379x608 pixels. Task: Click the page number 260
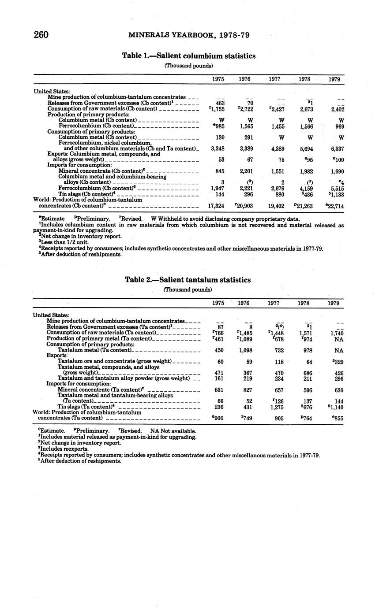click(41, 35)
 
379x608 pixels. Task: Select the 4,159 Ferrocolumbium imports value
click(306, 189)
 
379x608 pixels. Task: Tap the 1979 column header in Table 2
click(334, 303)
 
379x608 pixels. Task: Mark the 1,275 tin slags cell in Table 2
click(276, 407)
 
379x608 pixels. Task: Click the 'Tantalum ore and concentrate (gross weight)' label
click(114, 361)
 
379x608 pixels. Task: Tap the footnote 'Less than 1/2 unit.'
click(64, 242)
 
